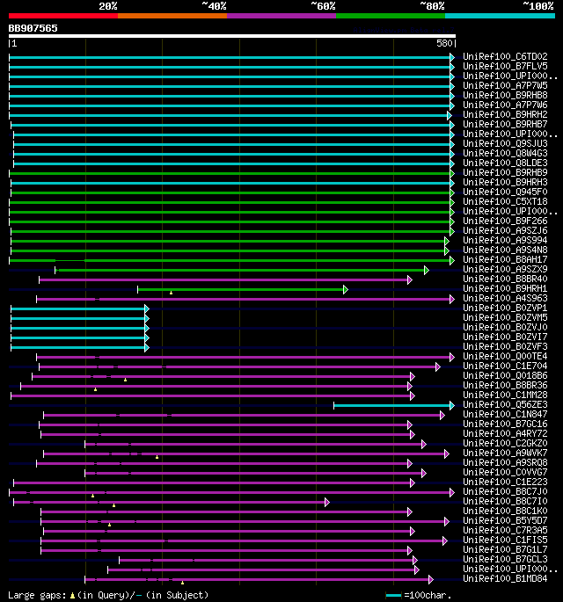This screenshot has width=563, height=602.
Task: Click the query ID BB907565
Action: (33, 28)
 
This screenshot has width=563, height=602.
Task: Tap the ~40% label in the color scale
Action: (214, 6)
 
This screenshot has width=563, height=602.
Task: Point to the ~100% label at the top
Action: (537, 6)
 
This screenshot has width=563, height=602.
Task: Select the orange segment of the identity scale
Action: (172, 16)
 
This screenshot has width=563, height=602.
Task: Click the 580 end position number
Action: (443, 42)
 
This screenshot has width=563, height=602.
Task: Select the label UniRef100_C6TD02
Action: (505, 56)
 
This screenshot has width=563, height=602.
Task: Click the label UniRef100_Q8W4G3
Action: (505, 153)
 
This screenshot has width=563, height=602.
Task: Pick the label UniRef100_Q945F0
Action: (505, 192)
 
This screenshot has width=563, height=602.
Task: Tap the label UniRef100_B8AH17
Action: (505, 259)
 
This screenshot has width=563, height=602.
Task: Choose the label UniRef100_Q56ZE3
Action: (505, 404)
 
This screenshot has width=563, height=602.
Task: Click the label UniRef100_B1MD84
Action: (505, 578)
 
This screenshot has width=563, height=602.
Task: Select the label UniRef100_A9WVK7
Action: (505, 453)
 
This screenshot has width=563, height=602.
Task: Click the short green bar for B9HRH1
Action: (241, 288)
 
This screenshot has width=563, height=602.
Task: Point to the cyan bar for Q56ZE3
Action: (392, 404)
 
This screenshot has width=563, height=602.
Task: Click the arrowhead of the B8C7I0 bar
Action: (326, 501)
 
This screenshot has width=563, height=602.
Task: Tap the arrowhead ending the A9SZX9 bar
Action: (426, 270)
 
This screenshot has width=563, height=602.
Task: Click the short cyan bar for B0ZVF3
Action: (79, 346)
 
